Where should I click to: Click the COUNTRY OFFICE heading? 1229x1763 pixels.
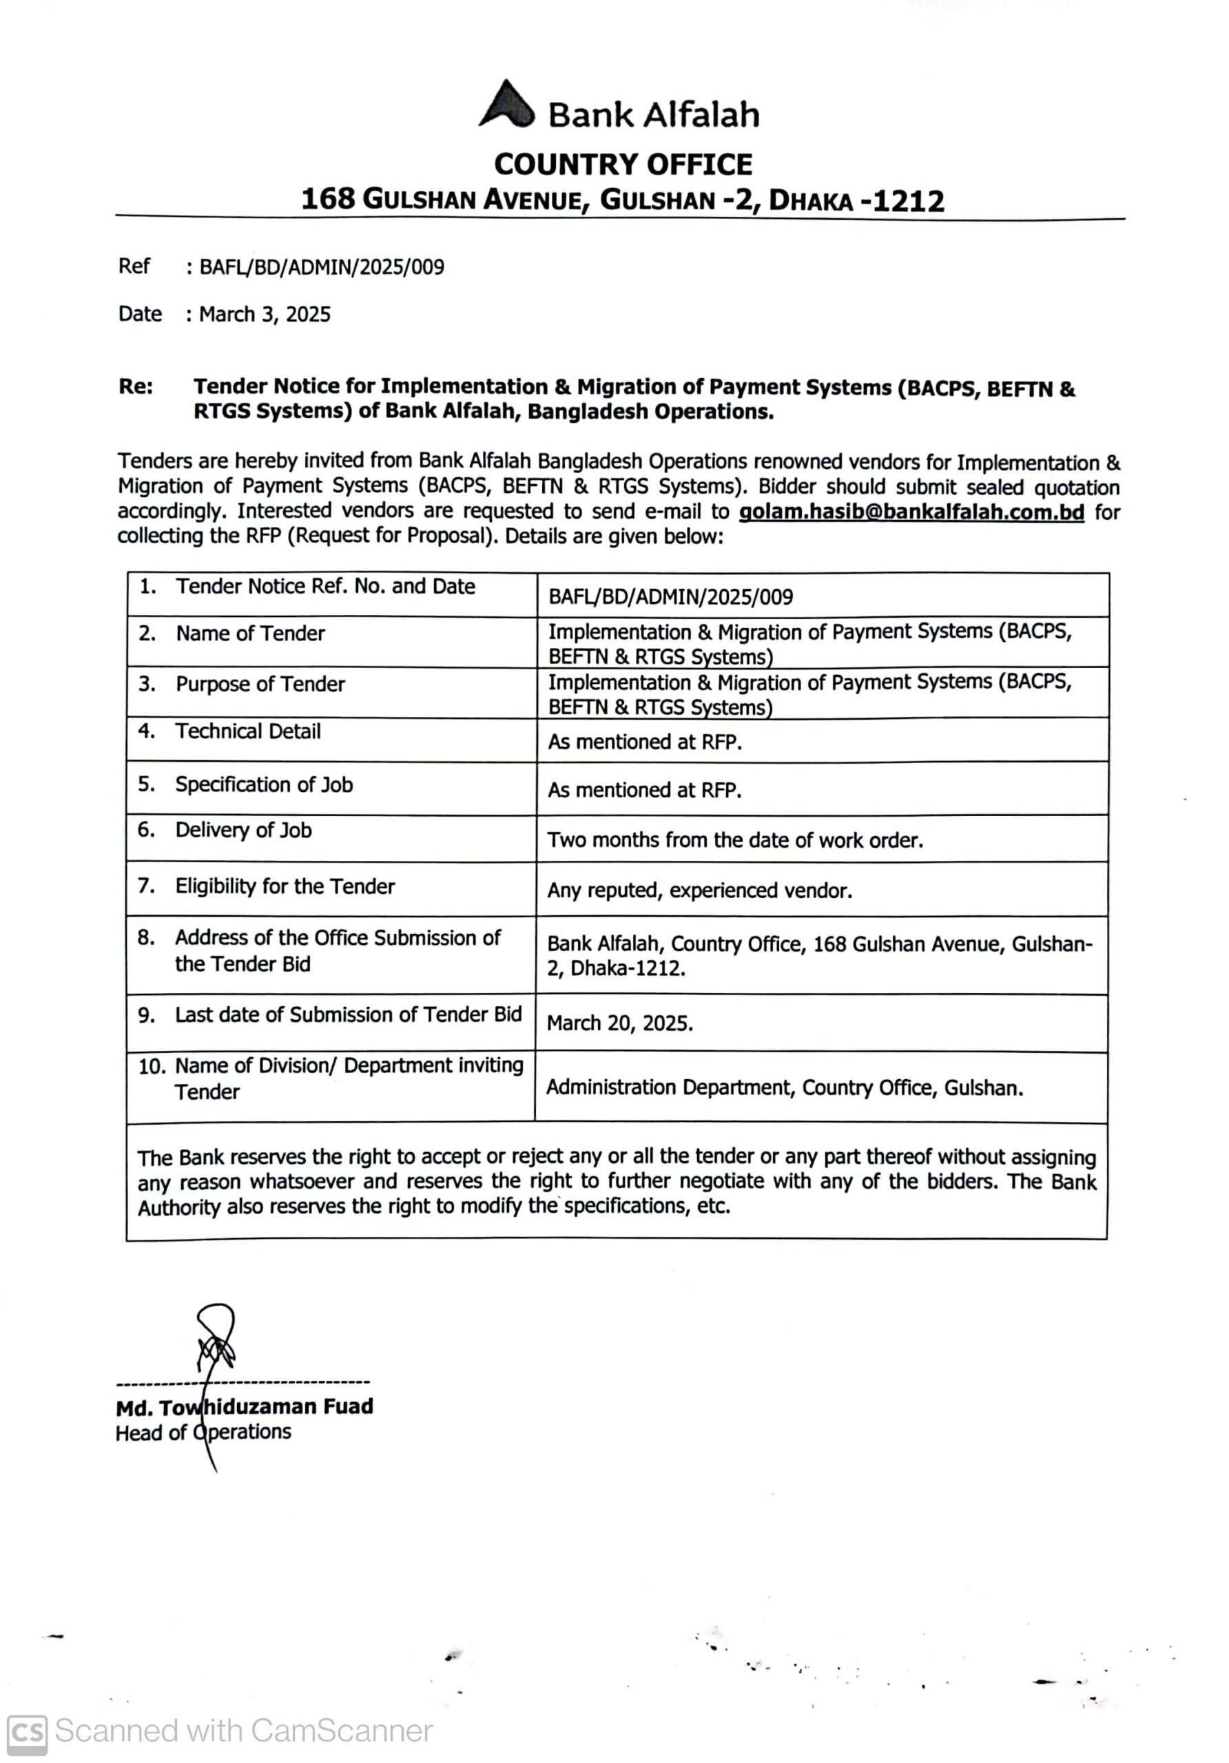coord(623,165)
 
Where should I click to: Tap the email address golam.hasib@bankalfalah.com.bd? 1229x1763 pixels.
coord(911,512)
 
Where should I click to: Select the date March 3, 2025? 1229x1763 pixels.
coord(265,314)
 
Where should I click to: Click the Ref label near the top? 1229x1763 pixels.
coord(134,266)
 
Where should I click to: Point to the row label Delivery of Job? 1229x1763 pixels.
coord(242,830)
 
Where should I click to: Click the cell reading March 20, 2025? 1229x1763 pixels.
coord(619,1023)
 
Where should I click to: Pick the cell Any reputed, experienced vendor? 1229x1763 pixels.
coord(699,890)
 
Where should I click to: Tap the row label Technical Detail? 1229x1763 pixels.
coord(247,731)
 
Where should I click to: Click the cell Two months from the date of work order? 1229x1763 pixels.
coord(734,840)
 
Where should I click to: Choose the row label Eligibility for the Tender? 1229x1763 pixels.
coord(285,886)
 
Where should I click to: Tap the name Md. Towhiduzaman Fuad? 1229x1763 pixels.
coord(245,1407)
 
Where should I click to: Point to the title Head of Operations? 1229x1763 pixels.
coord(203,1432)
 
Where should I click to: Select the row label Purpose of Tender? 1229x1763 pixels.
coord(260,684)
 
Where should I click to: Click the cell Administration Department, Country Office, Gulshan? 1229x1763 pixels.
coord(783,1087)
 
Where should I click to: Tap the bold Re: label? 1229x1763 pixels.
coord(135,386)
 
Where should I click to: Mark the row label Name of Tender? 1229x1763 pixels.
coord(249,634)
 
